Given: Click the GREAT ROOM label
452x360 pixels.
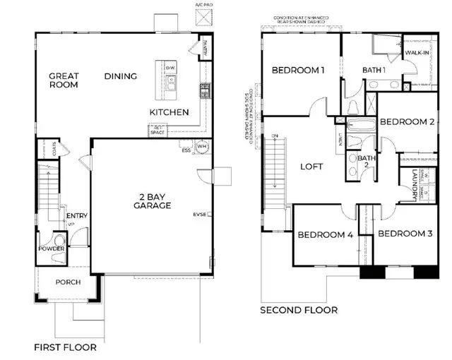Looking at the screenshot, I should coord(64,80).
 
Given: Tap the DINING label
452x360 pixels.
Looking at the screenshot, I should coord(121,76).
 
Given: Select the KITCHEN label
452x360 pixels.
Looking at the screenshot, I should coord(169,112).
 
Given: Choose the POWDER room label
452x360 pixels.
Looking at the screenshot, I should coord(52,249).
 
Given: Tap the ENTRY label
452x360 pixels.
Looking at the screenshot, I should coord(76,216).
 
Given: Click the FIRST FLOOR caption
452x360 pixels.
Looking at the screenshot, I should coord(66,347).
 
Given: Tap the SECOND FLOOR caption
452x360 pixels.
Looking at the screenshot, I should coord(299,310).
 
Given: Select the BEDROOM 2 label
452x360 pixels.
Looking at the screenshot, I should coord(406,121).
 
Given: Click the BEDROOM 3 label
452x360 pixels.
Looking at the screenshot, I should coord(405,234).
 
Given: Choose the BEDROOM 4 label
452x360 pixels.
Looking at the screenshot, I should coord(324,235).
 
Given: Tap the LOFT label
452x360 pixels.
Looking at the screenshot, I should coord(311,167).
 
